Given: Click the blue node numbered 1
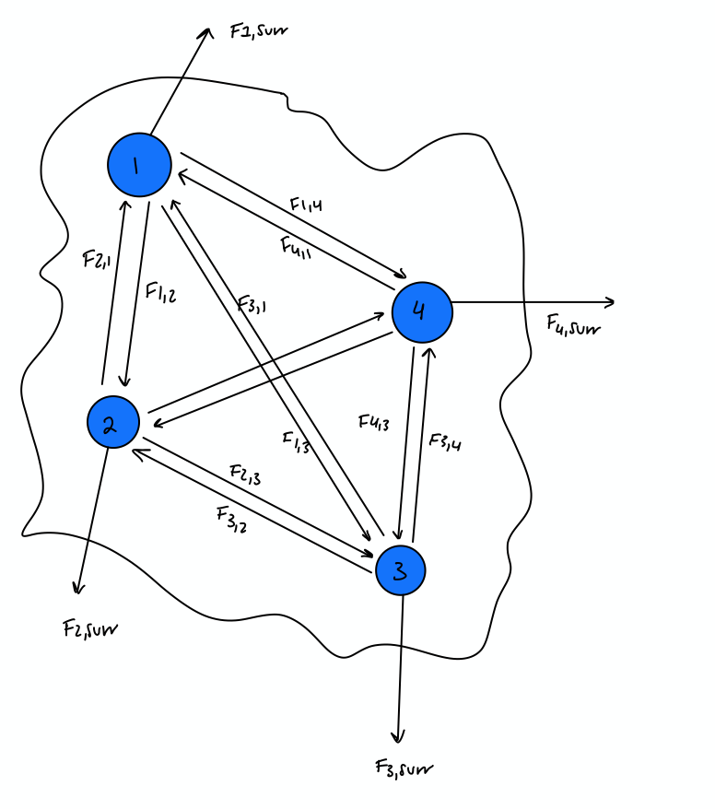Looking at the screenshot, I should point(138,165).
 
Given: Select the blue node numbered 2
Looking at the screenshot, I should point(112,423).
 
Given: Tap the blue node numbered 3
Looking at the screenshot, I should point(400,570).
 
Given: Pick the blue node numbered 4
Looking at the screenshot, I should point(422,311).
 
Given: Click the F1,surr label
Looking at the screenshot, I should point(259,31).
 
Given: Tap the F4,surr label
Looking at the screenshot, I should point(573,323).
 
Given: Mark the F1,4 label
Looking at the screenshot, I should point(305,206).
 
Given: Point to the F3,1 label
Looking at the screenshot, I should point(252,305).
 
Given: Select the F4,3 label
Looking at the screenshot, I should point(374,424).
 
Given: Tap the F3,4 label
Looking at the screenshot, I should point(445,441).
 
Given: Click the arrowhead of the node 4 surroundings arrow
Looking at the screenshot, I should point(611,301).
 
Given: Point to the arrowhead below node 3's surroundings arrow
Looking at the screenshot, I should point(398,737).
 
